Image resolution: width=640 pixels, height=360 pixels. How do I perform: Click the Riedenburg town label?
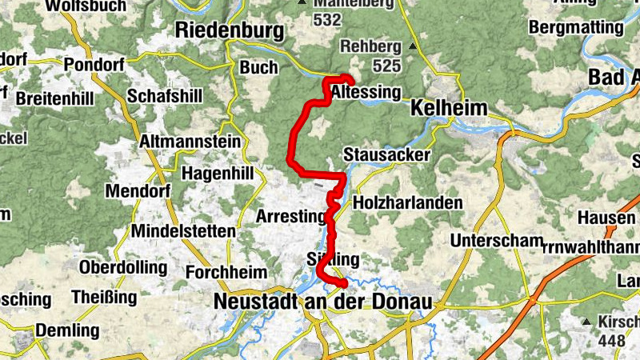point(230,31)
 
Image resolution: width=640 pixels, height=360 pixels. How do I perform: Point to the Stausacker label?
point(386,154)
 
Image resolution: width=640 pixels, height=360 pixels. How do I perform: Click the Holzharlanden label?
point(407,202)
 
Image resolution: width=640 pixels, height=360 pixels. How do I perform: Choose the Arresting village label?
point(290,216)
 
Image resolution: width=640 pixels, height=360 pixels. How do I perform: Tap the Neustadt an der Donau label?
point(322,302)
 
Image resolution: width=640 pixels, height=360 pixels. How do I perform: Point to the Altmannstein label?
point(190,142)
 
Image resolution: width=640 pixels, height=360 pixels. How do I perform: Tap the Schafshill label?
point(164,95)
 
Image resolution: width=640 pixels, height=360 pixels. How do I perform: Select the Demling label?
point(67,330)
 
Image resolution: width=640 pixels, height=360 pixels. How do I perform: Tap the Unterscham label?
point(497,241)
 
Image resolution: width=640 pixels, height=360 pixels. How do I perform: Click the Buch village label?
point(258,68)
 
